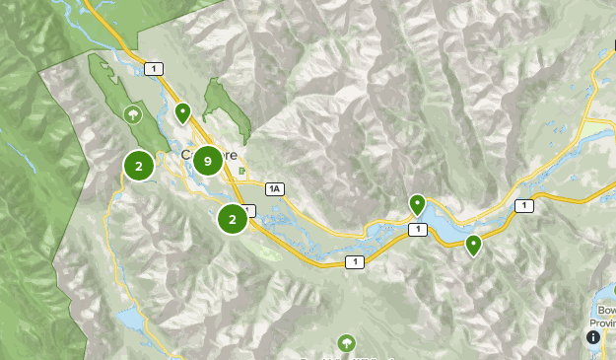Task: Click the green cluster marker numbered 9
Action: tap(207, 161)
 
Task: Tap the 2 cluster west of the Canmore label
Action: tap(139, 167)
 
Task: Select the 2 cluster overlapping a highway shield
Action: tap(233, 218)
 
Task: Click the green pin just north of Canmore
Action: tap(182, 112)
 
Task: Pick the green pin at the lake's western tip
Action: tap(417, 204)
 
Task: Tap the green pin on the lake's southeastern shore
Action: tap(473, 244)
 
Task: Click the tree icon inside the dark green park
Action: tap(131, 114)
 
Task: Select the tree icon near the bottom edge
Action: tap(346, 342)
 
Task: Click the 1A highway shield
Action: tap(274, 188)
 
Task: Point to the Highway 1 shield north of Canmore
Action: tap(154, 68)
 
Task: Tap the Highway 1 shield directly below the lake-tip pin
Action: tap(419, 229)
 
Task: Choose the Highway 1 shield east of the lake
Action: tap(522, 205)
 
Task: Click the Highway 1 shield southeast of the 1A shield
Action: tap(354, 261)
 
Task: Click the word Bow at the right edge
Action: tap(606, 311)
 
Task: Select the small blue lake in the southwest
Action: tap(129, 319)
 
